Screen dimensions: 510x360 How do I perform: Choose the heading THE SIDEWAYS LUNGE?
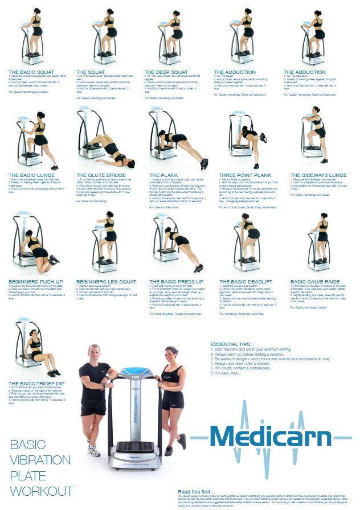(318, 175)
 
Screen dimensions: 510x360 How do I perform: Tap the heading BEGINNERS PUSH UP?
(35, 281)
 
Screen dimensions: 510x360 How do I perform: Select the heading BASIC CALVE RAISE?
(316, 281)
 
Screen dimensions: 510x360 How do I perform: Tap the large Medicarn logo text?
(270, 437)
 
